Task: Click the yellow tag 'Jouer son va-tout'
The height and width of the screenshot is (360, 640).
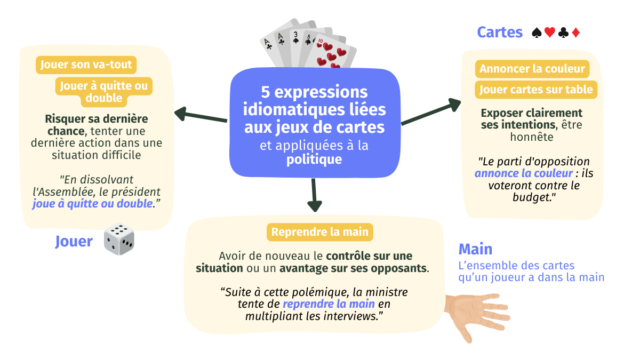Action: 86,65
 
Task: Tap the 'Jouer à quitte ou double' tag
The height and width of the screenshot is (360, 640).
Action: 104,92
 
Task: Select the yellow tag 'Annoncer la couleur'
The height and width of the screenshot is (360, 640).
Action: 532,69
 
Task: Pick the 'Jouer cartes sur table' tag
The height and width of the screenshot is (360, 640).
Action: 536,90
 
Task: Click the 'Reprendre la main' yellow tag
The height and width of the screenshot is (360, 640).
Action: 319,232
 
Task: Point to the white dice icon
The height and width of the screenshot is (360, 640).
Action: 119,239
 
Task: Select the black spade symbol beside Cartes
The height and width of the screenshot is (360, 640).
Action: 537,33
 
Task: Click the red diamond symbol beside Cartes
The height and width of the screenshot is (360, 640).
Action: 575,33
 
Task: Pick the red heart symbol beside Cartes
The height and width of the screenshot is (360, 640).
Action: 550,33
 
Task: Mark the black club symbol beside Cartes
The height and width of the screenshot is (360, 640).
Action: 563,33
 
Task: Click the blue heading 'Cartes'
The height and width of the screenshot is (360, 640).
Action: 500,33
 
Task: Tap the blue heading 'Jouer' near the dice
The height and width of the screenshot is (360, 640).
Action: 74,242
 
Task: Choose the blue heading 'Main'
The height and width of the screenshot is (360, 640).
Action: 475,249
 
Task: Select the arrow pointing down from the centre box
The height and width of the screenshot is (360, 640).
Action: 315,195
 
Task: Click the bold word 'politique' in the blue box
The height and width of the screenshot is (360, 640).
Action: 314,159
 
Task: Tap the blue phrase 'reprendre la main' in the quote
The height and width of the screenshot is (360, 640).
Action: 329,304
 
